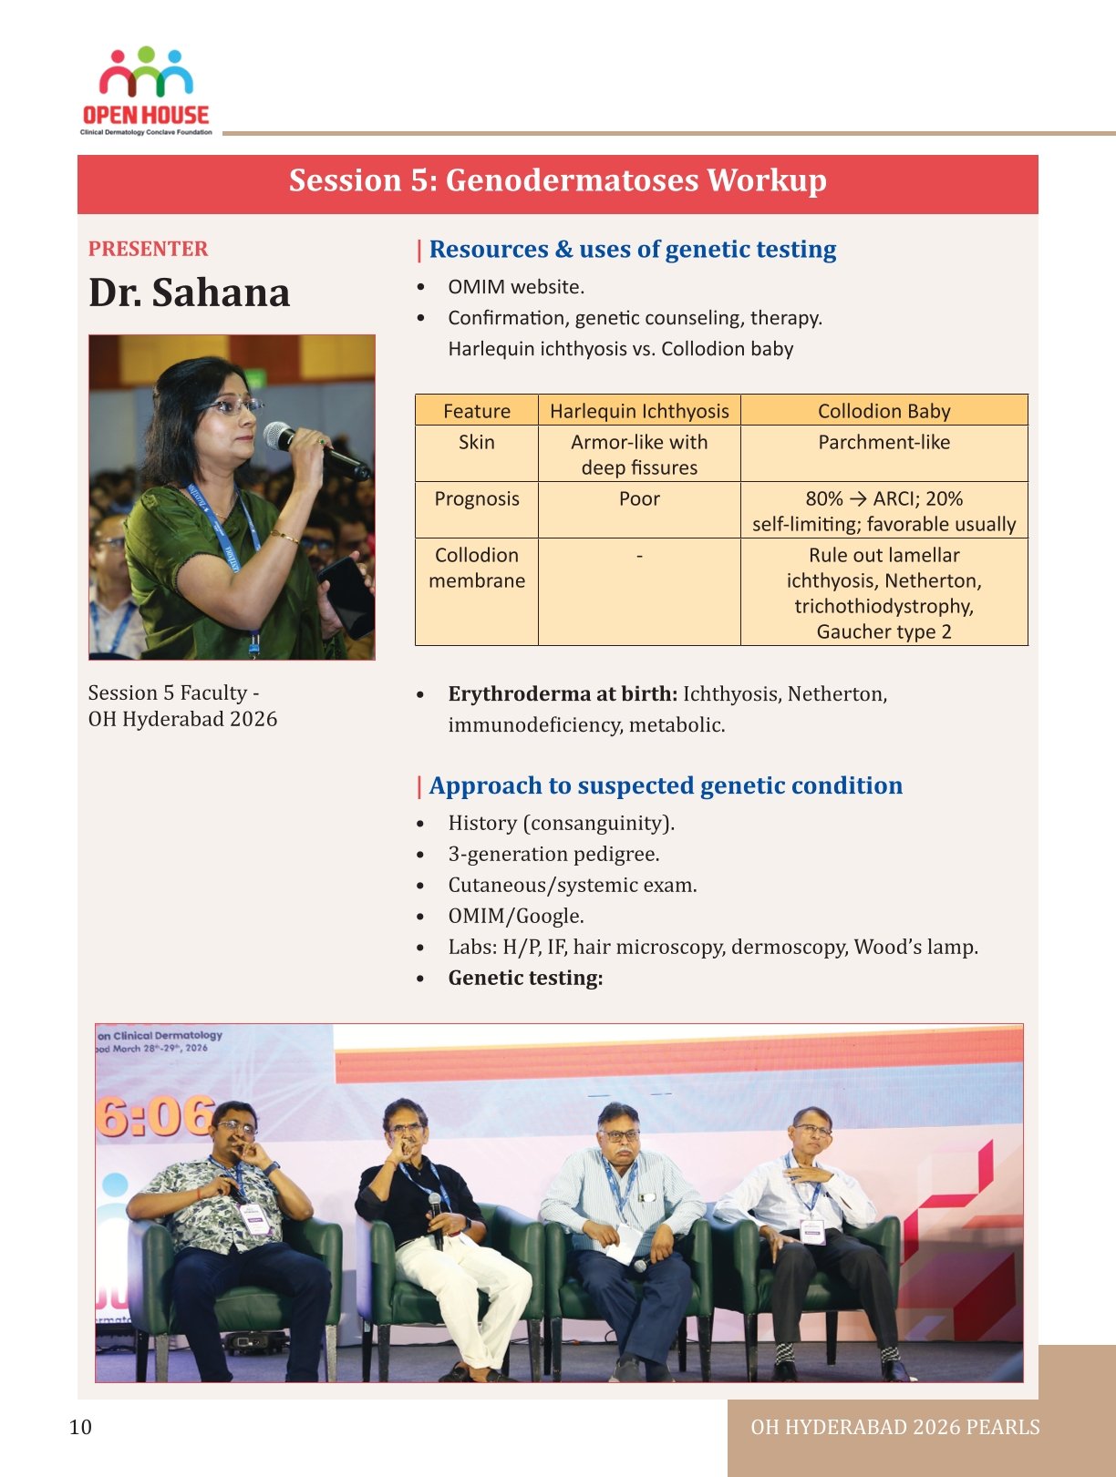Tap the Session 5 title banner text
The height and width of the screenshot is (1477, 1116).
click(557, 180)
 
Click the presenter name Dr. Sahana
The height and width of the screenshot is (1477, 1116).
click(189, 292)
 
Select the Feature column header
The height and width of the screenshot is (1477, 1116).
click(476, 411)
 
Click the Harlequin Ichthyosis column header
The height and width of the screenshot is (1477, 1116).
click(639, 411)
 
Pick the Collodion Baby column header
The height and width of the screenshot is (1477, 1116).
click(883, 411)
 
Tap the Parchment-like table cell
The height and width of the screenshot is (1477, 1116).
click(883, 443)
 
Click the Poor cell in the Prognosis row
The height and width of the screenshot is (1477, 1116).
click(639, 499)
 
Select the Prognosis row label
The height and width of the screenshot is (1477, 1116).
click(476, 499)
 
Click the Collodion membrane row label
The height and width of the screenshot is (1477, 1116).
click(476, 568)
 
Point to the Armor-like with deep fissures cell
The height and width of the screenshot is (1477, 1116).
click(639, 455)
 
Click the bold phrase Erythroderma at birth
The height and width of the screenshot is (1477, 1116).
click(562, 694)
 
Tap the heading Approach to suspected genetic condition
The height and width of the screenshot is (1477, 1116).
click(666, 785)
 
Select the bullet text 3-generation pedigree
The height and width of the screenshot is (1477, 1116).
click(553, 855)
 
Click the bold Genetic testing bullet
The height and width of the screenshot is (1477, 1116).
click(525, 979)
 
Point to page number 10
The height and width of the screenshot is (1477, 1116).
click(80, 1427)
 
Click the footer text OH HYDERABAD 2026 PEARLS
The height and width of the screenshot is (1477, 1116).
click(894, 1428)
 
